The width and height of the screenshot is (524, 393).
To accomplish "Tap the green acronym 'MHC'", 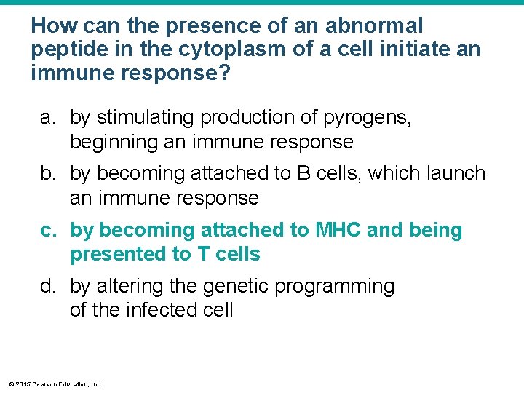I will [338, 231].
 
